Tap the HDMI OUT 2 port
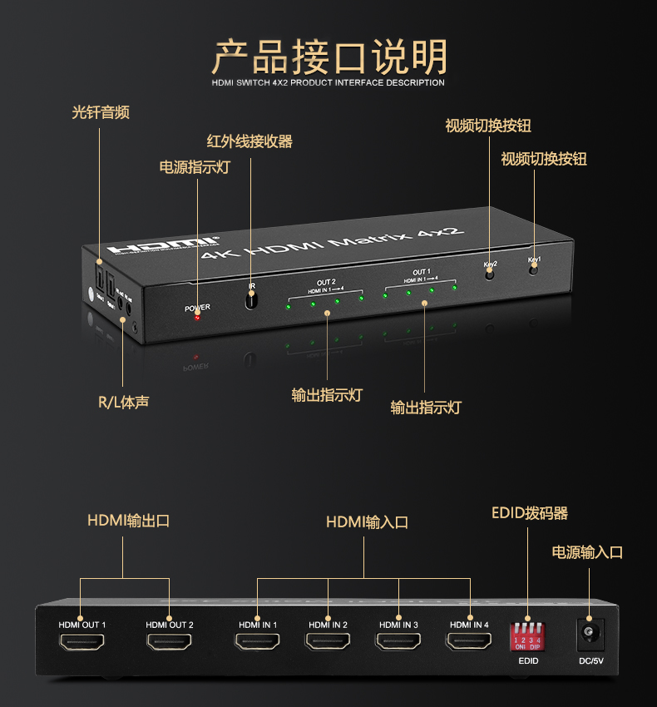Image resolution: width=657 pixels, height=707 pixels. coord(169,642)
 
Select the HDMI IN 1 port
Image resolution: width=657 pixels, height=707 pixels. coord(257,642)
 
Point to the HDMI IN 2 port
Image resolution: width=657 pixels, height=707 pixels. coord(328,642)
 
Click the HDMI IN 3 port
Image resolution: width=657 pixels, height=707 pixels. coord(398,642)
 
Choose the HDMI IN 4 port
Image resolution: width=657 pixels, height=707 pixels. coord(469,642)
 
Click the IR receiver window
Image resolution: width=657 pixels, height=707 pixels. coord(250,297)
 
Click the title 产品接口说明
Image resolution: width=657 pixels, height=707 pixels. coord(328,56)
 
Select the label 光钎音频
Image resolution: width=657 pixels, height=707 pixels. coord(101,112)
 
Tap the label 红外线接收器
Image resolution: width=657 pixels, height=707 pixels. coord(249,141)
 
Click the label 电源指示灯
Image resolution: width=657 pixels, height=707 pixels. coord(195,167)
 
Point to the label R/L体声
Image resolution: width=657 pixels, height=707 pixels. coord(124,403)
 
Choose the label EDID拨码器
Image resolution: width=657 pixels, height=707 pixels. coord(530,513)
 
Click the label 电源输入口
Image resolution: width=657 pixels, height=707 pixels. coord(587,552)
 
